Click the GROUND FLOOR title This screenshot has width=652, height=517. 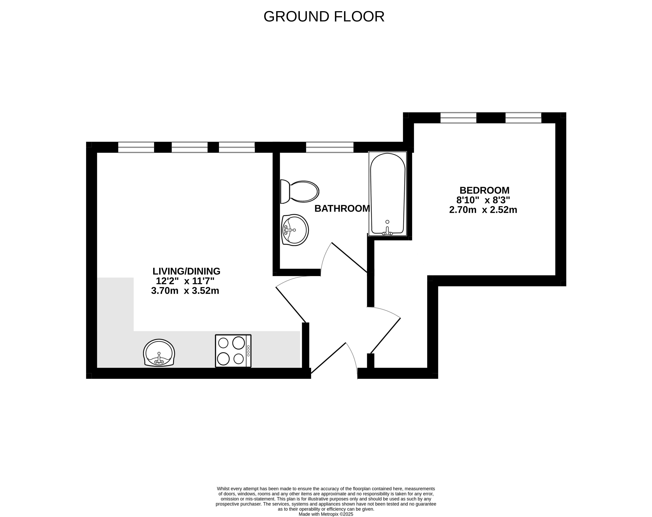tap(324, 16)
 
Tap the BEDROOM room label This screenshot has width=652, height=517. tap(484, 190)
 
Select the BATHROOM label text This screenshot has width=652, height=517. tap(342, 209)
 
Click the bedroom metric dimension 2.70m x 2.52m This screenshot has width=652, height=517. tap(483, 210)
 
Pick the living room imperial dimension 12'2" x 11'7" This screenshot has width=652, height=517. tap(185, 281)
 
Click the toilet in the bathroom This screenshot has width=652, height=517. tap(300, 191)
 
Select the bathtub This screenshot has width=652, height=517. tap(387, 194)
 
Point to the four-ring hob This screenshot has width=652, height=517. tap(233, 351)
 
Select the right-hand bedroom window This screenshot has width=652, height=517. tap(523, 118)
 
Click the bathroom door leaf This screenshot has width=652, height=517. tap(350, 257)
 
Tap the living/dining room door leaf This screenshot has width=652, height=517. tap(291, 305)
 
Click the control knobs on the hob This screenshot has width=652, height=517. tap(248, 351)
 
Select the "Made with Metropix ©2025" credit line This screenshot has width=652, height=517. tap(326, 514)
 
